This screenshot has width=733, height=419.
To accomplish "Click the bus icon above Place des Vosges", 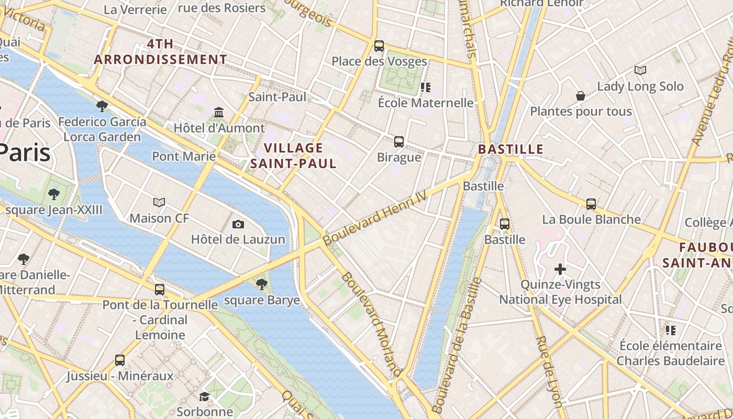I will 379,46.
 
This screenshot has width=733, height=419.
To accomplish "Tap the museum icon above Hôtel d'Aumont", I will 219,113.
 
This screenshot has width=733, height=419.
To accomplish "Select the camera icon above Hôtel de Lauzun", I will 238,225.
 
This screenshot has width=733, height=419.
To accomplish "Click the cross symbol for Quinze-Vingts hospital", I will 560,269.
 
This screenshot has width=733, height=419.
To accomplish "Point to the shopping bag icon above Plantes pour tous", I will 580,96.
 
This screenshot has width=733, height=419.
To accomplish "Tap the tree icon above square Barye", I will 261,284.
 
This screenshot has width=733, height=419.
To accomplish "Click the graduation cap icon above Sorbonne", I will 204,396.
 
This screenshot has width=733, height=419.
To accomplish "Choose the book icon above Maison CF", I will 159,202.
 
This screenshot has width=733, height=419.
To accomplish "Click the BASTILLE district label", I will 511,149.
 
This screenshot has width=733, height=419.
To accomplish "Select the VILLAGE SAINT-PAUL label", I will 293,156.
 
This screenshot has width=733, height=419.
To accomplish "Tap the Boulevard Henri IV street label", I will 374,218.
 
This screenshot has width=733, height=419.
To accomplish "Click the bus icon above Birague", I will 399,142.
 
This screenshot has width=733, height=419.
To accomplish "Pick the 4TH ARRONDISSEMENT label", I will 160,52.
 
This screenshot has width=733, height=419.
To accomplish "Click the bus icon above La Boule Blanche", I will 591,204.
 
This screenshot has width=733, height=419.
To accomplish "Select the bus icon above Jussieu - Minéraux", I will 120,360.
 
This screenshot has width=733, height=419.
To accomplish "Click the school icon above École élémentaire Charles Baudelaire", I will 671,330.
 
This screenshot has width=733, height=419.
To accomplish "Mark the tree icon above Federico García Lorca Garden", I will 102,106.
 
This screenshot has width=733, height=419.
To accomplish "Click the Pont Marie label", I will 184,156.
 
